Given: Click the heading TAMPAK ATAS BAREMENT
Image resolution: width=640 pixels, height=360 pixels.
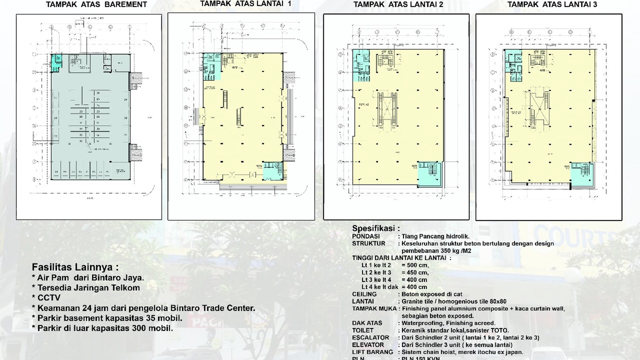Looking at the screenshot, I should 96,5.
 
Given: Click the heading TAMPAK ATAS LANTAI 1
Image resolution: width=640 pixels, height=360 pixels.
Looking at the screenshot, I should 245,4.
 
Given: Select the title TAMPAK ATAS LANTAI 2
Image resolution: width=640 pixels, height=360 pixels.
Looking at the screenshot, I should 398,4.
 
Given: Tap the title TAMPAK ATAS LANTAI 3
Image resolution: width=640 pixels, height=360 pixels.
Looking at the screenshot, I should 552,4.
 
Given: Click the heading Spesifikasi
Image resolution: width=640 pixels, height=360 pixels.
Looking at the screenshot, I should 376,228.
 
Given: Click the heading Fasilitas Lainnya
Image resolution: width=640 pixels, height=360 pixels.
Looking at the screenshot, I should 75,267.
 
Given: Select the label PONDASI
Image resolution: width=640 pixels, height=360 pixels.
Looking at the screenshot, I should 366,236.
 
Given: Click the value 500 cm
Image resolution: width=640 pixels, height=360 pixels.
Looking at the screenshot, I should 415,265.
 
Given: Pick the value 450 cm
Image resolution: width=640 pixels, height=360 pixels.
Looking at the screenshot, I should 415,272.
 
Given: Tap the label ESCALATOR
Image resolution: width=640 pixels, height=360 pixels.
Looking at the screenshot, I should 370,338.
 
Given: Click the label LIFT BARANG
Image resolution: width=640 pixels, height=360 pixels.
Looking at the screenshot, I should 372,352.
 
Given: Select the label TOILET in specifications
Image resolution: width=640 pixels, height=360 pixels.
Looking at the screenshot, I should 363,330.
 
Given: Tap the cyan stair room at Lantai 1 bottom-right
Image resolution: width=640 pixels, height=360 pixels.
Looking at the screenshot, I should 273,171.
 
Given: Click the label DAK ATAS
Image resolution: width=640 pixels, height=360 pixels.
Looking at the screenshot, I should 367,323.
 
